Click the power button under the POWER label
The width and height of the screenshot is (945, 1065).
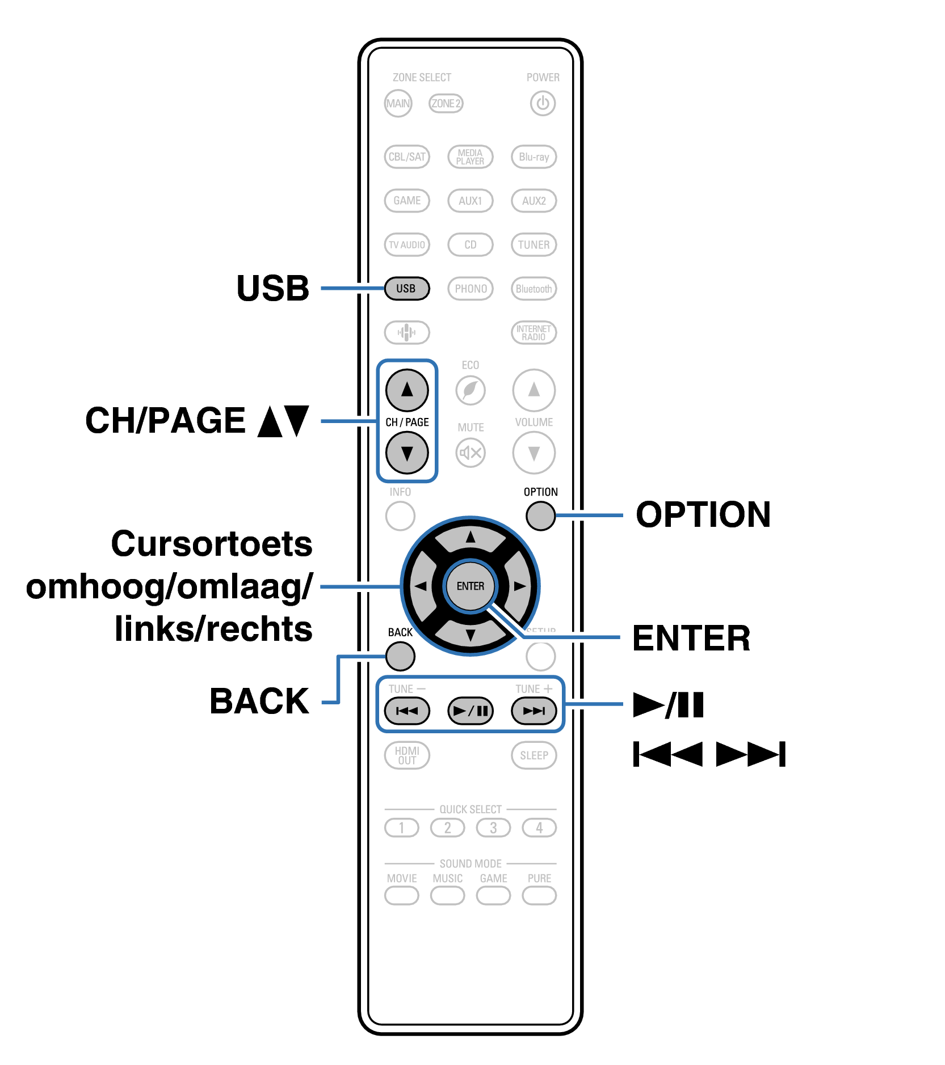[x=543, y=104]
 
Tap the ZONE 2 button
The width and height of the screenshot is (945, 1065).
[x=446, y=103]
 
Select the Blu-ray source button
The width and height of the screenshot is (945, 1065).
[x=534, y=157]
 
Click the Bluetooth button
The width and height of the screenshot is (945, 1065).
[x=534, y=289]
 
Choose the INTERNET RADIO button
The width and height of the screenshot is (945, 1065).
[x=534, y=333]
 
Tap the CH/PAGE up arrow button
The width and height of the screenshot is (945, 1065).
[x=407, y=390]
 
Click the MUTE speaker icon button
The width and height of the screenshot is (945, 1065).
[x=471, y=453]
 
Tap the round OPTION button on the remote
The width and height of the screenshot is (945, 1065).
[x=540, y=516]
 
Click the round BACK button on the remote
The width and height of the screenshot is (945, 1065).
[x=400, y=657]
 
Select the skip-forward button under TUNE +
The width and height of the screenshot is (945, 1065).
[x=534, y=711]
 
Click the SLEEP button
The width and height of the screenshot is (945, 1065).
[x=534, y=755]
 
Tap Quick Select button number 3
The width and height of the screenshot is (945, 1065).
[x=493, y=828]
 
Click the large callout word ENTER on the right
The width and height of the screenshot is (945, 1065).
[x=691, y=639]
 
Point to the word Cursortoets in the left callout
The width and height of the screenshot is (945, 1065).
[x=212, y=544]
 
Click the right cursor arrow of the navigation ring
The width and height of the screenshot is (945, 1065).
[x=519, y=586]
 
